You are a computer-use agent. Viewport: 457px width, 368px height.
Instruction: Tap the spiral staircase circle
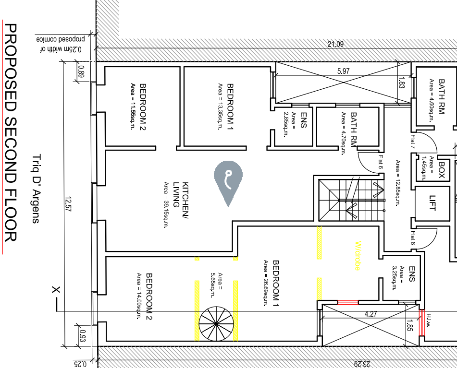pyautogui.click(x=216, y=323)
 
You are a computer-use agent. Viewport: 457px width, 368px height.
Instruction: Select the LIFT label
pyautogui.click(x=432, y=203)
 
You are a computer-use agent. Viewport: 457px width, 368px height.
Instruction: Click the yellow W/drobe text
pyautogui.click(x=358, y=256)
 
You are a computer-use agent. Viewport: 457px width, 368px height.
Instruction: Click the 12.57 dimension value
pyautogui.click(x=68, y=204)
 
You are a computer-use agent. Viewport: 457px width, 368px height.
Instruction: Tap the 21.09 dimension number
pyautogui.click(x=335, y=44)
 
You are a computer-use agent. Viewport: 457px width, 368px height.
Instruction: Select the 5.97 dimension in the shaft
pyautogui.click(x=343, y=71)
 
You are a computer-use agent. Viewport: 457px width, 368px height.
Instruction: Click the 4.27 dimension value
pyautogui.click(x=371, y=314)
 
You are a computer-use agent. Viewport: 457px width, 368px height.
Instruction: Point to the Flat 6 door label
pyautogui.click(x=381, y=162)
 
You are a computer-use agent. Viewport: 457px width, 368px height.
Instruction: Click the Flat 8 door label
pyautogui.click(x=413, y=238)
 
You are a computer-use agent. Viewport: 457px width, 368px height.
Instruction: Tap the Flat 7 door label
pyautogui.click(x=413, y=141)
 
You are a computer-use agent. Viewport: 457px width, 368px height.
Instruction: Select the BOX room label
pyautogui.click(x=442, y=170)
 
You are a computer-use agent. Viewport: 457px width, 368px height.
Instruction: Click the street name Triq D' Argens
pyautogui.click(x=35, y=189)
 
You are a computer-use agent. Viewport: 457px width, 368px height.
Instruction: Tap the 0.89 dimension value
pyautogui.click(x=81, y=72)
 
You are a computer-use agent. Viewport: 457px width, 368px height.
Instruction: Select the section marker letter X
pyautogui.click(x=56, y=290)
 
